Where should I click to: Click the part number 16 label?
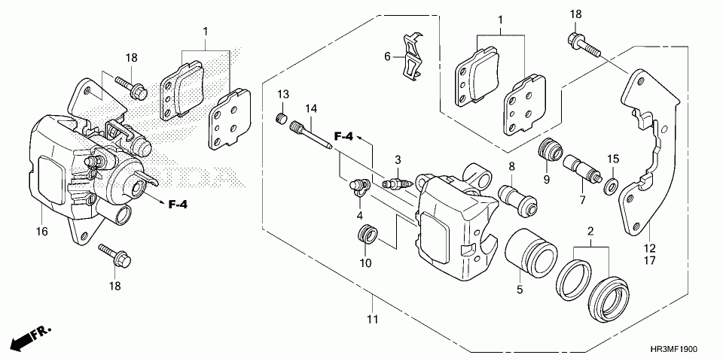(x=41, y=232)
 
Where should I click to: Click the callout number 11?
(x=371, y=320)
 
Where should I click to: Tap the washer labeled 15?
(x=612, y=185)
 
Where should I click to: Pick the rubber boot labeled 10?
(x=366, y=235)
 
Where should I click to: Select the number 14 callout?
(x=310, y=109)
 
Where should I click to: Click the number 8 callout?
(x=511, y=167)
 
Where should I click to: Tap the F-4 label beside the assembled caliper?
(x=177, y=204)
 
